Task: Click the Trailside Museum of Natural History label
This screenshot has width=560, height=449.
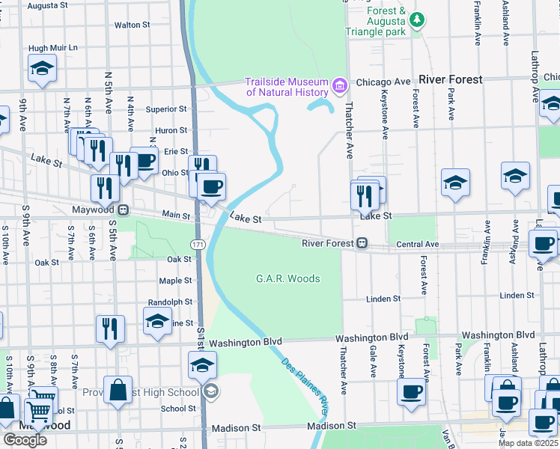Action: [x=287, y=87]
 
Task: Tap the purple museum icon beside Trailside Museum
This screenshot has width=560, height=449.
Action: [x=341, y=87]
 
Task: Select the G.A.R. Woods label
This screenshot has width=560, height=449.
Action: [x=288, y=279]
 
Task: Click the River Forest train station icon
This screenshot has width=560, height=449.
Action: [x=362, y=243]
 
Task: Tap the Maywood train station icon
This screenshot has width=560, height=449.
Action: [x=123, y=210]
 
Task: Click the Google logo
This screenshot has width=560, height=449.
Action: [x=25, y=439]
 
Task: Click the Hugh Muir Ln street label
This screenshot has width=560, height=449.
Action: [x=53, y=48]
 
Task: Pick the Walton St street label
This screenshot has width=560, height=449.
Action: [x=133, y=25]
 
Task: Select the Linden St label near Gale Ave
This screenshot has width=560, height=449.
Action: [x=383, y=299]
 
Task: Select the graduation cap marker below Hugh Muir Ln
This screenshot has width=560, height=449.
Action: [x=42, y=68]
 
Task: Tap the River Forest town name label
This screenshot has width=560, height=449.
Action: [x=451, y=79]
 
